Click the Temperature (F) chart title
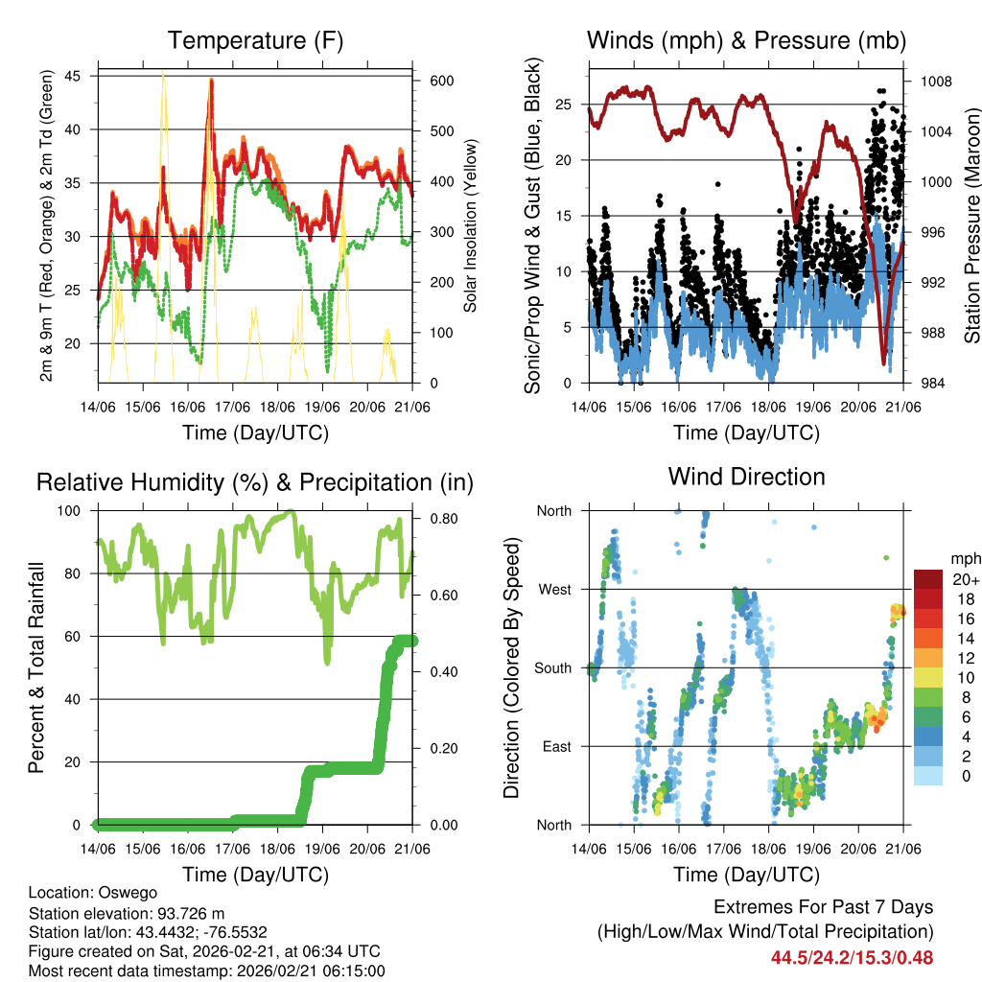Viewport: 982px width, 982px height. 255,40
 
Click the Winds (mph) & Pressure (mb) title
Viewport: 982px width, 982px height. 746,40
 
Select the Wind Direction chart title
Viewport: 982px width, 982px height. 746,477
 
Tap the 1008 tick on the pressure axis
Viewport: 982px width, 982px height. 933,82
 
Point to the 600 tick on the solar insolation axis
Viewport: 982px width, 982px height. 442,81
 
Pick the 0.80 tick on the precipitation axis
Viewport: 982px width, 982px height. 443,519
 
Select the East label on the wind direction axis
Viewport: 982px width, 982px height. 556,746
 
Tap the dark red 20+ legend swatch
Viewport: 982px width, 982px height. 929,579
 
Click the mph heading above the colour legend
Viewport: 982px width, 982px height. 965,559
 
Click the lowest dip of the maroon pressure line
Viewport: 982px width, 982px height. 884,362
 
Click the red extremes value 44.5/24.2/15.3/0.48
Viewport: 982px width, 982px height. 852,957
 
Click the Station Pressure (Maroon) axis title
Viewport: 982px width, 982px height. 971,225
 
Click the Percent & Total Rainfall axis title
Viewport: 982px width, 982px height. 35,667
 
